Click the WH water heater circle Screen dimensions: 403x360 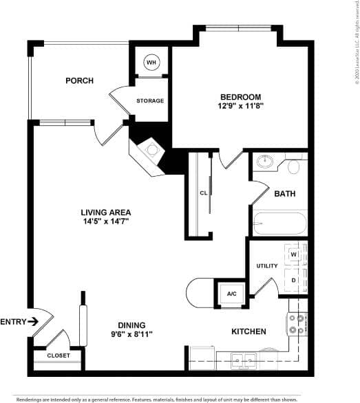pos(151,63)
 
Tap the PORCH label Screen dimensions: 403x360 pos(79,81)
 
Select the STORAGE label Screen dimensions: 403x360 pos(149,101)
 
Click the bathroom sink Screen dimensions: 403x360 pos(265,164)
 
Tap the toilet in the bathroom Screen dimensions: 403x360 pos(294,166)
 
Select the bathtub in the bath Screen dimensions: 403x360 pos(279,224)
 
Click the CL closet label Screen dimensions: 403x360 pos(203,193)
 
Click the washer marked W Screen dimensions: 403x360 pos(293,254)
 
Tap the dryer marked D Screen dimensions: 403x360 pos(293,280)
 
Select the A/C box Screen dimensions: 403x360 pos(231,294)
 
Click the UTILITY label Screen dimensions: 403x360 pos(266,265)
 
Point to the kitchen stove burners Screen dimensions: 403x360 pos(297,324)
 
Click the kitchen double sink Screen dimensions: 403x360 pos(243,359)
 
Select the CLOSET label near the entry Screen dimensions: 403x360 pos(58,356)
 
